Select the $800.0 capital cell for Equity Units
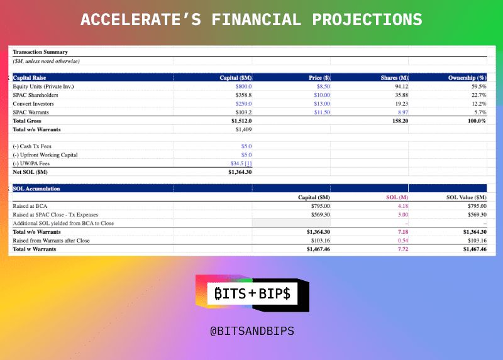pos(243,87)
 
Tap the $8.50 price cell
pos(323,87)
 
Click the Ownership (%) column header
pos(467,78)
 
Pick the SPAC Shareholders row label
pos(35,95)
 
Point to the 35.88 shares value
pos(402,95)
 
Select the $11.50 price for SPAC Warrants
pos(322,112)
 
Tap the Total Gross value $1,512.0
pos(241,121)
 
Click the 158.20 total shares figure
pos(401,121)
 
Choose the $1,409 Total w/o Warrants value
pos(243,129)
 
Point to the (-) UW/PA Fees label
pos(31,163)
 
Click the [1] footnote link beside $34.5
pos(248,163)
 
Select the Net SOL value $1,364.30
pos(240,172)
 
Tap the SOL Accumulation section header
pos(36,189)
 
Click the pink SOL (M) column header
pos(397,197)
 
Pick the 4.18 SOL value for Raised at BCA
pos(403,206)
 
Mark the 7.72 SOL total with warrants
pos(403,249)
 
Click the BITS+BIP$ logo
pos(253,293)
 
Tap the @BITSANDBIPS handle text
pos(252,331)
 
